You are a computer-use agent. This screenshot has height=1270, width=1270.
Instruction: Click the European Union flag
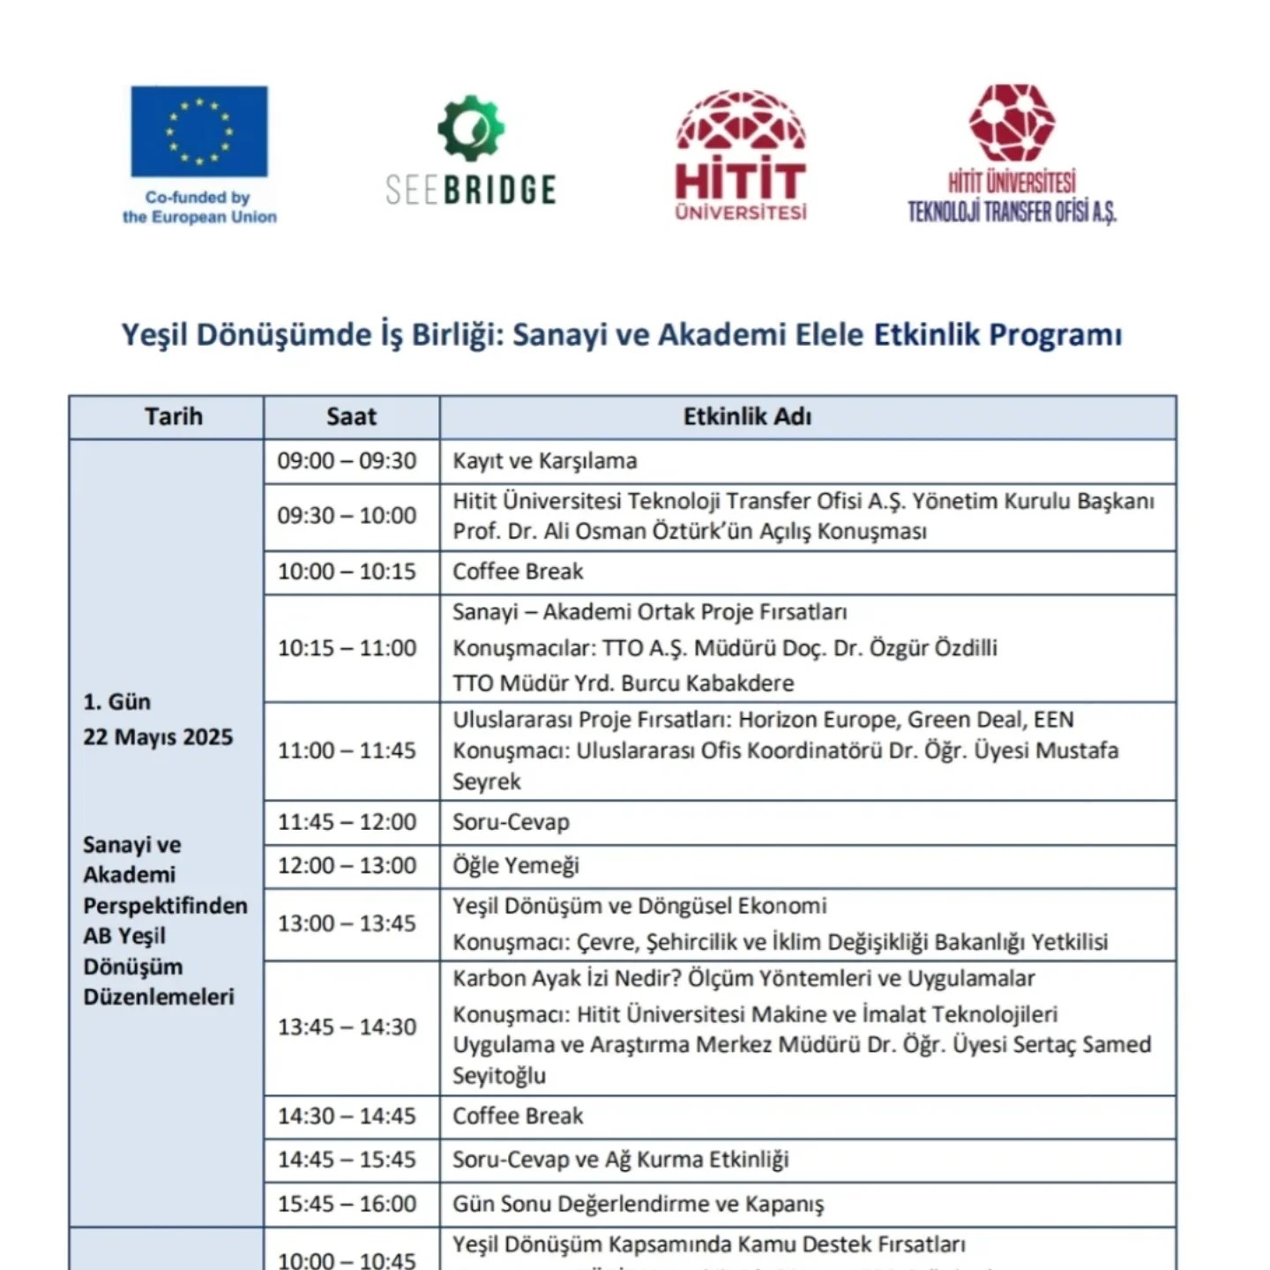point(199,131)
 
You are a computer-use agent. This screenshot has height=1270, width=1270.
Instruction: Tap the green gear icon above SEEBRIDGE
point(471,129)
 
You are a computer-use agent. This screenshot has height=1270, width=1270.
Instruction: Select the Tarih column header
point(174,417)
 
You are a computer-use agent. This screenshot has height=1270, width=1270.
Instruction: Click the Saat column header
point(351,417)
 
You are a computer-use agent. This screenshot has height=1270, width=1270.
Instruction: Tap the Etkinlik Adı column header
point(747,417)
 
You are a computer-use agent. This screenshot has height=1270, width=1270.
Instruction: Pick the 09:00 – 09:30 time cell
point(347,461)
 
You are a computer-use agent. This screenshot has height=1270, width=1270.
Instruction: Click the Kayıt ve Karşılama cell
point(544,461)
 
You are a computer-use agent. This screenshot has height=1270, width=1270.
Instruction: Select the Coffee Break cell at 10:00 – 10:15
point(518,571)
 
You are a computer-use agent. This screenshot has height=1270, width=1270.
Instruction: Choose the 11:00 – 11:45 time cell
point(347,751)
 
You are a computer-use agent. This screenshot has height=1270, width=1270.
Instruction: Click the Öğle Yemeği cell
point(516,866)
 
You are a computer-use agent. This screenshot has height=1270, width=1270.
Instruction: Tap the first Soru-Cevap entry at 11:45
point(511,822)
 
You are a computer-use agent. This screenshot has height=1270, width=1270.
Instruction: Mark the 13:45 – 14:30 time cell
point(347,1027)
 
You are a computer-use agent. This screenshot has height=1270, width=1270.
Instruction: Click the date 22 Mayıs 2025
point(158,737)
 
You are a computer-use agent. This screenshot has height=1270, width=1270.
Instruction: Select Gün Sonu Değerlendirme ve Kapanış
point(638,1205)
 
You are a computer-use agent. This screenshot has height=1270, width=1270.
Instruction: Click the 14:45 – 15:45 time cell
point(347,1160)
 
